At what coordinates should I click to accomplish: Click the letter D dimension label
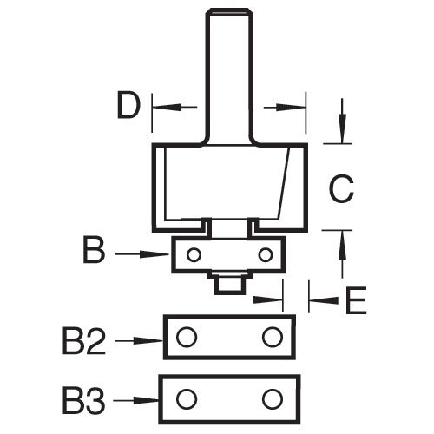click(x=128, y=104)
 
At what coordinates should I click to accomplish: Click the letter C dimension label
click(x=341, y=188)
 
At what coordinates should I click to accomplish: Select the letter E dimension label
click(x=356, y=300)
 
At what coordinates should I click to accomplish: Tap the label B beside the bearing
click(x=94, y=250)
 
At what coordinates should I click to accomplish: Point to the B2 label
click(x=84, y=341)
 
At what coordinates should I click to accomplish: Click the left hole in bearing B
click(x=194, y=255)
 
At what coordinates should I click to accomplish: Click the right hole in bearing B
click(x=266, y=255)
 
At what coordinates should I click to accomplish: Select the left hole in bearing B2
click(x=187, y=337)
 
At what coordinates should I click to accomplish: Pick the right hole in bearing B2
click(x=273, y=337)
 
